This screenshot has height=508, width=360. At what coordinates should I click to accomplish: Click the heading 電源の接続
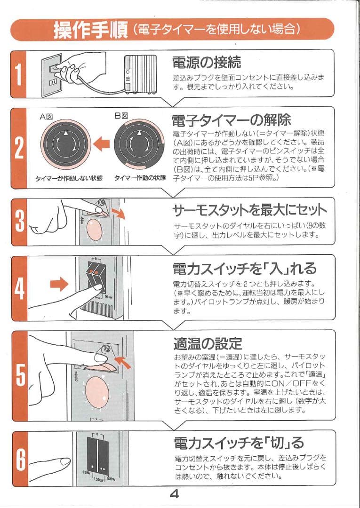[x=207, y=62]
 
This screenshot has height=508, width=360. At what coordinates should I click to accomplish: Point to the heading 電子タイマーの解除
[x=232, y=120]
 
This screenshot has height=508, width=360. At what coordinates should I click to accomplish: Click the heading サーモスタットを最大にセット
[x=249, y=210]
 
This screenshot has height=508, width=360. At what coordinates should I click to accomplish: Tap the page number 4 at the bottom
[x=175, y=494]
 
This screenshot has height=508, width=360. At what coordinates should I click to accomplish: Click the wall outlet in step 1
[x=52, y=75]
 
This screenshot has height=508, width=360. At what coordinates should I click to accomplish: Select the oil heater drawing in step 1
[x=140, y=74]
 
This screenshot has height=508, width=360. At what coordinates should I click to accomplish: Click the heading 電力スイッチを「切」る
[x=239, y=443]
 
